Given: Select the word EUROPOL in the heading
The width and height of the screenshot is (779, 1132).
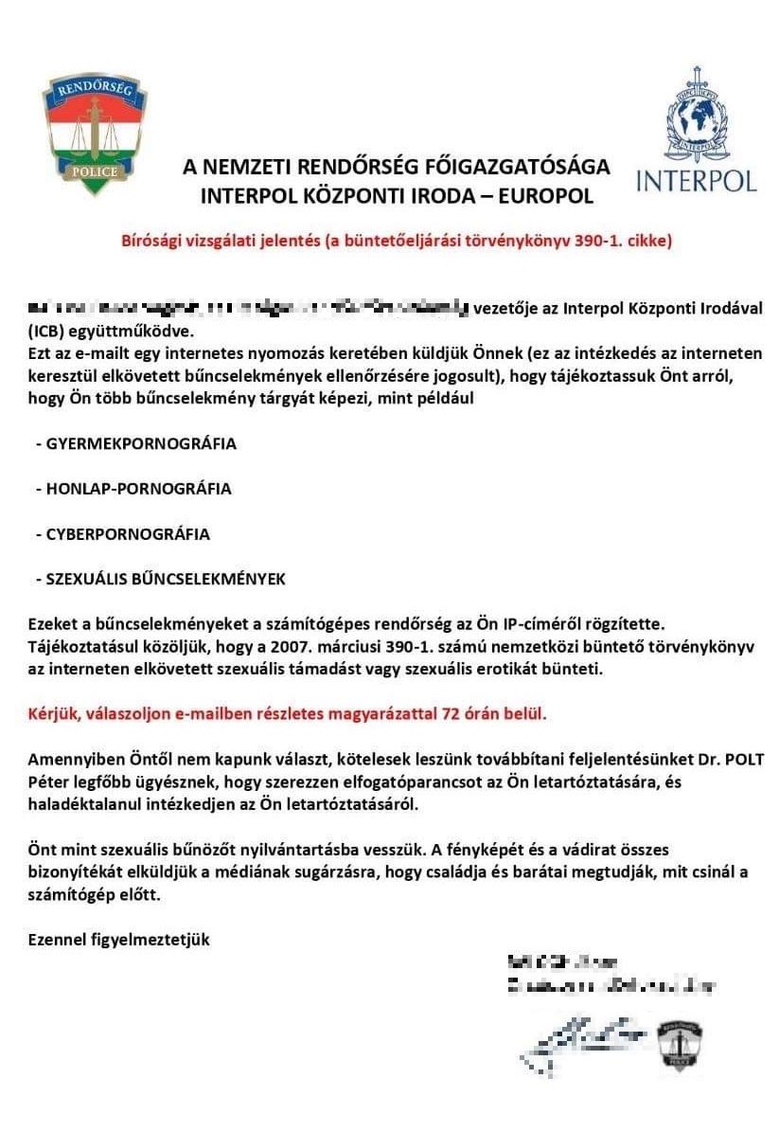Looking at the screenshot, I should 544,196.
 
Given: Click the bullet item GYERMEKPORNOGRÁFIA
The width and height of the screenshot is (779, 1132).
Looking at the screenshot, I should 141,443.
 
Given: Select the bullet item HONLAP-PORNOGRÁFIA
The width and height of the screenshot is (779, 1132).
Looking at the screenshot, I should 138,489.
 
